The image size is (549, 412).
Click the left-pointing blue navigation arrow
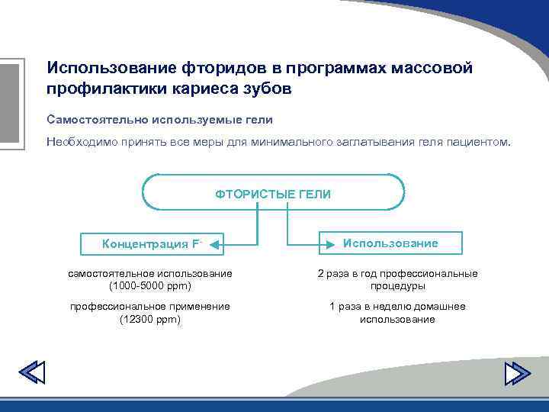[32, 372]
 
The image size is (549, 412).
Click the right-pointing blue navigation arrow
[517, 372]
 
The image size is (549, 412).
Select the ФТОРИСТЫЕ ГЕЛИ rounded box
[273, 194]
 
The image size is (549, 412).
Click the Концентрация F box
[151, 244]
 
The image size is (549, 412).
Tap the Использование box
[390, 243]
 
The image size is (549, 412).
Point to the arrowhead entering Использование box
[324, 243]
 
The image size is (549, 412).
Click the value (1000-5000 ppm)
[150, 286]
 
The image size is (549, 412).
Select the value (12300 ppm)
[150, 320]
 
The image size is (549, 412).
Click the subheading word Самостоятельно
[96, 120]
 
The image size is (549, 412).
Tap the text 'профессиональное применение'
[150, 307]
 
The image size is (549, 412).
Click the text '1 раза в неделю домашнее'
[397, 307]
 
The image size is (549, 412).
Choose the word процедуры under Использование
[397, 286]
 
